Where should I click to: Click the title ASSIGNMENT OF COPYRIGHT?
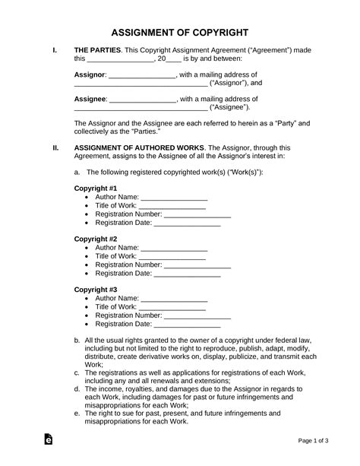tap(179, 33)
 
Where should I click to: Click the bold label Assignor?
tap(90, 76)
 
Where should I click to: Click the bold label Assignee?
tap(90, 99)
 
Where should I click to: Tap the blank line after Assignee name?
tap(143, 100)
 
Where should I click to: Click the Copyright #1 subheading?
tap(95, 187)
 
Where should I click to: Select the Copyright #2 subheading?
tap(95, 238)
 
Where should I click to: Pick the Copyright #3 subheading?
tap(95, 290)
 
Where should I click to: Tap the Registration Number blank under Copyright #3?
tap(197, 315)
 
